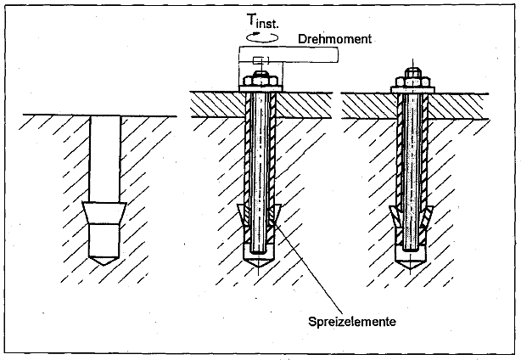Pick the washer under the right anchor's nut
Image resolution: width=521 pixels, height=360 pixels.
click(x=412, y=87)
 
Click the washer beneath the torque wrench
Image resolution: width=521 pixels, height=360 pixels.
click(x=260, y=87)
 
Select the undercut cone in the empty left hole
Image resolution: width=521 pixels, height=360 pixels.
click(x=105, y=213)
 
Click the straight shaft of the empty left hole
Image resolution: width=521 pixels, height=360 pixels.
click(x=105, y=157)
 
